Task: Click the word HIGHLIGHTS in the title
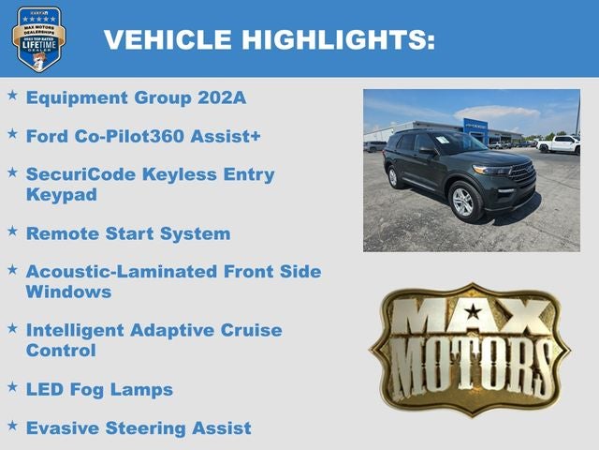click(x=338, y=39)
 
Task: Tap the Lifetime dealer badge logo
click(x=38, y=38)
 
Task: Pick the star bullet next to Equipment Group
click(x=12, y=94)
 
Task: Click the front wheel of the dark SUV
click(x=462, y=202)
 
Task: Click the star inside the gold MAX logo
click(x=474, y=312)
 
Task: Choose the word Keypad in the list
click(x=61, y=195)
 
